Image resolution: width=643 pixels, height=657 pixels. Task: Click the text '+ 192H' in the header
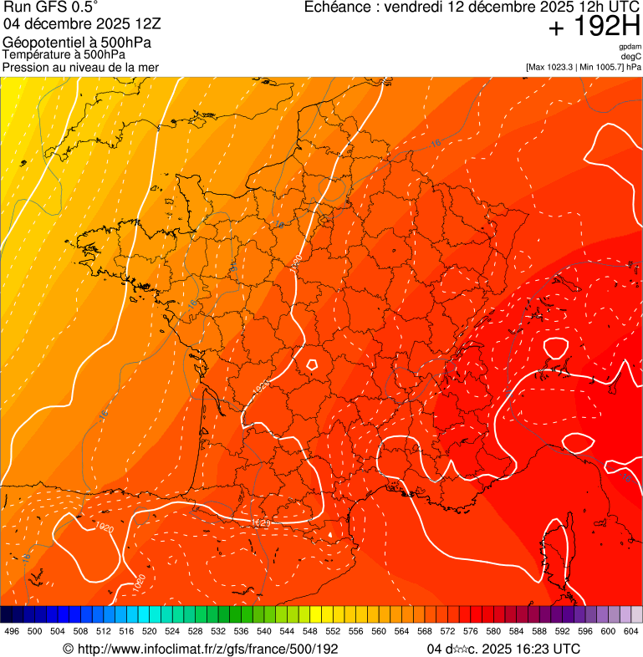click(594, 27)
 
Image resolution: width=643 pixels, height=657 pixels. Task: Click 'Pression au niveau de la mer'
click(80, 67)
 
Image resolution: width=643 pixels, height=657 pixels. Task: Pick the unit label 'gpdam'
click(630, 48)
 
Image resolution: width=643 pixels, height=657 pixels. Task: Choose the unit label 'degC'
click(632, 57)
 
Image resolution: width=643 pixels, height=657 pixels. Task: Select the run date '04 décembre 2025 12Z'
click(88, 23)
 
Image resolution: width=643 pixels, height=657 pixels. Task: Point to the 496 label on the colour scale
click(12, 631)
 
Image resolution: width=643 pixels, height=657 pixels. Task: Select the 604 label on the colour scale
click(630, 631)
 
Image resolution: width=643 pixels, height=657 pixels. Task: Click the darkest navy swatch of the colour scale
click(7, 614)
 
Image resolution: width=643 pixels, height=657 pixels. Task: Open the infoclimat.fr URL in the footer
click(201, 649)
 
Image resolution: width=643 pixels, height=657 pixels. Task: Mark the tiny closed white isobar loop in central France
click(312, 364)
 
